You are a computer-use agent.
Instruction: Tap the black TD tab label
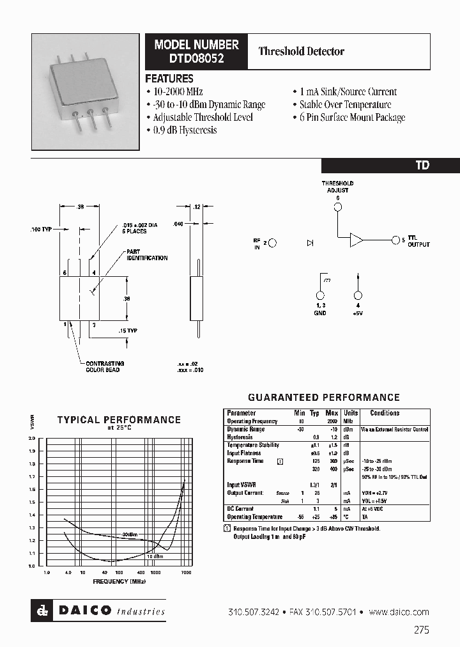coord(422,165)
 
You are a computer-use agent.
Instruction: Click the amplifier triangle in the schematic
coord(356,240)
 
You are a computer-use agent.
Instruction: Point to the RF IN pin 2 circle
coord(272,242)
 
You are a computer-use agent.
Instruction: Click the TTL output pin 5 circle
coord(395,240)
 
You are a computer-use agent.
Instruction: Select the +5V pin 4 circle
coord(358,295)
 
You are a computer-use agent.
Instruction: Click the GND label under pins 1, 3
coord(320,313)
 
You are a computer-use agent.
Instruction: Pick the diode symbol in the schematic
coord(310,243)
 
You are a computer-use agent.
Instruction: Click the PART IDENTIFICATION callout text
coord(147,255)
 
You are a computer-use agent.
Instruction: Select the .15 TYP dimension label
coord(128,331)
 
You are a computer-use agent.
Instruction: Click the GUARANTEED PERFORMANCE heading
coord(323,397)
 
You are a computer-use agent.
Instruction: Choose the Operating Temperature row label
coord(254,517)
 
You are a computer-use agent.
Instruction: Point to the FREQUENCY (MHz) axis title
coord(119,582)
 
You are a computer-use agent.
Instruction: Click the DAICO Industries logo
coord(98,611)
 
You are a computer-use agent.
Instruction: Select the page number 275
coord(422,630)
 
